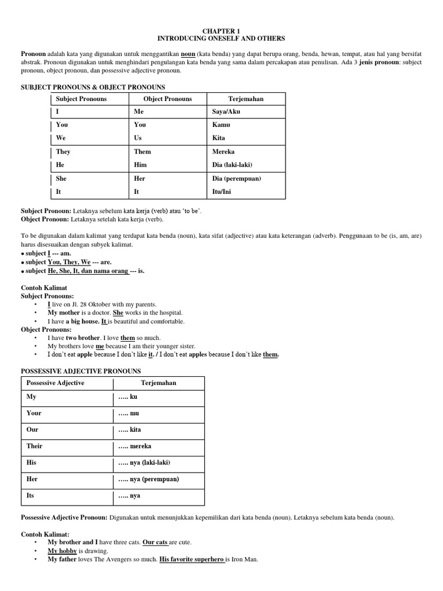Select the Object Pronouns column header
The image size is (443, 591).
[x=167, y=99]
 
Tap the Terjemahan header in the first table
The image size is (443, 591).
[x=246, y=99]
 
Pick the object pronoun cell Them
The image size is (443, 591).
[x=142, y=152]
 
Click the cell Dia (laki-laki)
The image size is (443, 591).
[x=232, y=165]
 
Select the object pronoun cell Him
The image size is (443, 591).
[x=140, y=165]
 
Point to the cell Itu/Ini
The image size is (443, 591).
[x=221, y=192]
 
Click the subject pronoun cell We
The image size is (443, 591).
[x=61, y=139]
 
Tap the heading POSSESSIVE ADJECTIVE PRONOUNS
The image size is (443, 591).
[x=81, y=371]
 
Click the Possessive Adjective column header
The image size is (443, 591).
[x=55, y=383]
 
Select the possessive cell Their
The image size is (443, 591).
[x=35, y=446]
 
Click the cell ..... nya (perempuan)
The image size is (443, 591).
[x=148, y=479]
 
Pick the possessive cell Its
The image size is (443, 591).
[x=31, y=495]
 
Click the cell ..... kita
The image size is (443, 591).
[x=130, y=430]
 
